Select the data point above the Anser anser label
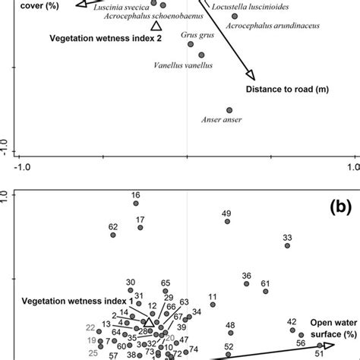229,109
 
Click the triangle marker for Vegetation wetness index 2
156,27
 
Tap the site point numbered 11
212,305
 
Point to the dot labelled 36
246,284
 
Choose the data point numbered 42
292,332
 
